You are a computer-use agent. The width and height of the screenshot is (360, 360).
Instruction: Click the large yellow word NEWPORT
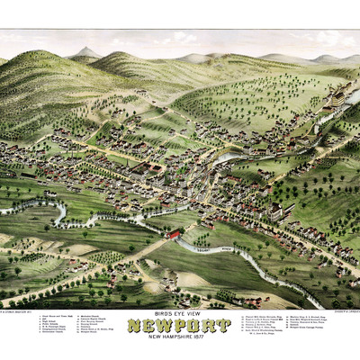[179, 325]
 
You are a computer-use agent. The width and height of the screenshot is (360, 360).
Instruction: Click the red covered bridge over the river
[173, 235]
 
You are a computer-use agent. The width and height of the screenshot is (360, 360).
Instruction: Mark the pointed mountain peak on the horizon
[84, 52]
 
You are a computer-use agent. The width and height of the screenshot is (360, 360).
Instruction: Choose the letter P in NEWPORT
[180, 325]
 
